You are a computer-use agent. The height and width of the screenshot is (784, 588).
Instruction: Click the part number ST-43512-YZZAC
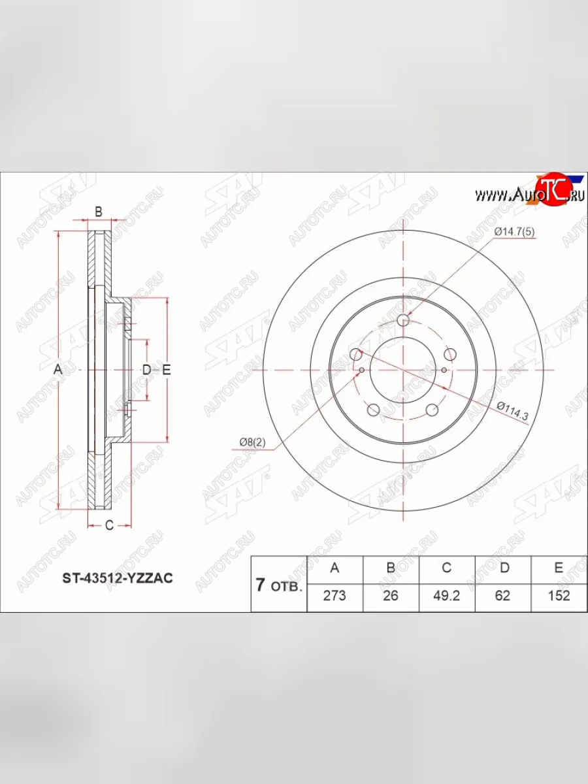[118, 578]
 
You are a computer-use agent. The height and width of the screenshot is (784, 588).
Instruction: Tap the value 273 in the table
[335, 595]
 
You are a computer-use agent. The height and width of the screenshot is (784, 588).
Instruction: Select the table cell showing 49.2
[446, 595]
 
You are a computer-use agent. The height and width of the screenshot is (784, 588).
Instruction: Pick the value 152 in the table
[559, 595]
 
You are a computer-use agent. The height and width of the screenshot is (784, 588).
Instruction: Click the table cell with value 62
[503, 595]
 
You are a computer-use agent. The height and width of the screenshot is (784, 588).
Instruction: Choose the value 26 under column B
[391, 595]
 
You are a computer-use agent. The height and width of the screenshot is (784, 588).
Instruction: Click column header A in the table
[335, 568]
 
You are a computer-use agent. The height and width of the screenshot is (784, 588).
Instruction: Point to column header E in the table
[559, 568]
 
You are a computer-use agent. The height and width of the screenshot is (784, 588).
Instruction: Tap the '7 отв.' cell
[279, 585]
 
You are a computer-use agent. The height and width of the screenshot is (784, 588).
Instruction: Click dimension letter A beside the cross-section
[57, 370]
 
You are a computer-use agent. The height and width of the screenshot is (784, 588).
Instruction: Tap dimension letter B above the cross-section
[99, 211]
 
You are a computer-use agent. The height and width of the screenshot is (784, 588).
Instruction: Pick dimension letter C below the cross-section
[109, 525]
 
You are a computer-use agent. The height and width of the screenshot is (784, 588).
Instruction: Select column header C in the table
[446, 568]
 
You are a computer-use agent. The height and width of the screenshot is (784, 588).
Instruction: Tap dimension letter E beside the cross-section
[166, 370]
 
